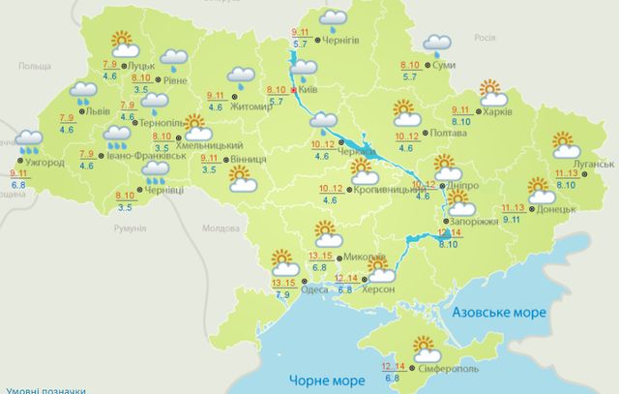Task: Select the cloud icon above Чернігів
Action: pyautogui.click(x=335, y=17)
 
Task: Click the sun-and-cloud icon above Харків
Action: pyautogui.click(x=493, y=93)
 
